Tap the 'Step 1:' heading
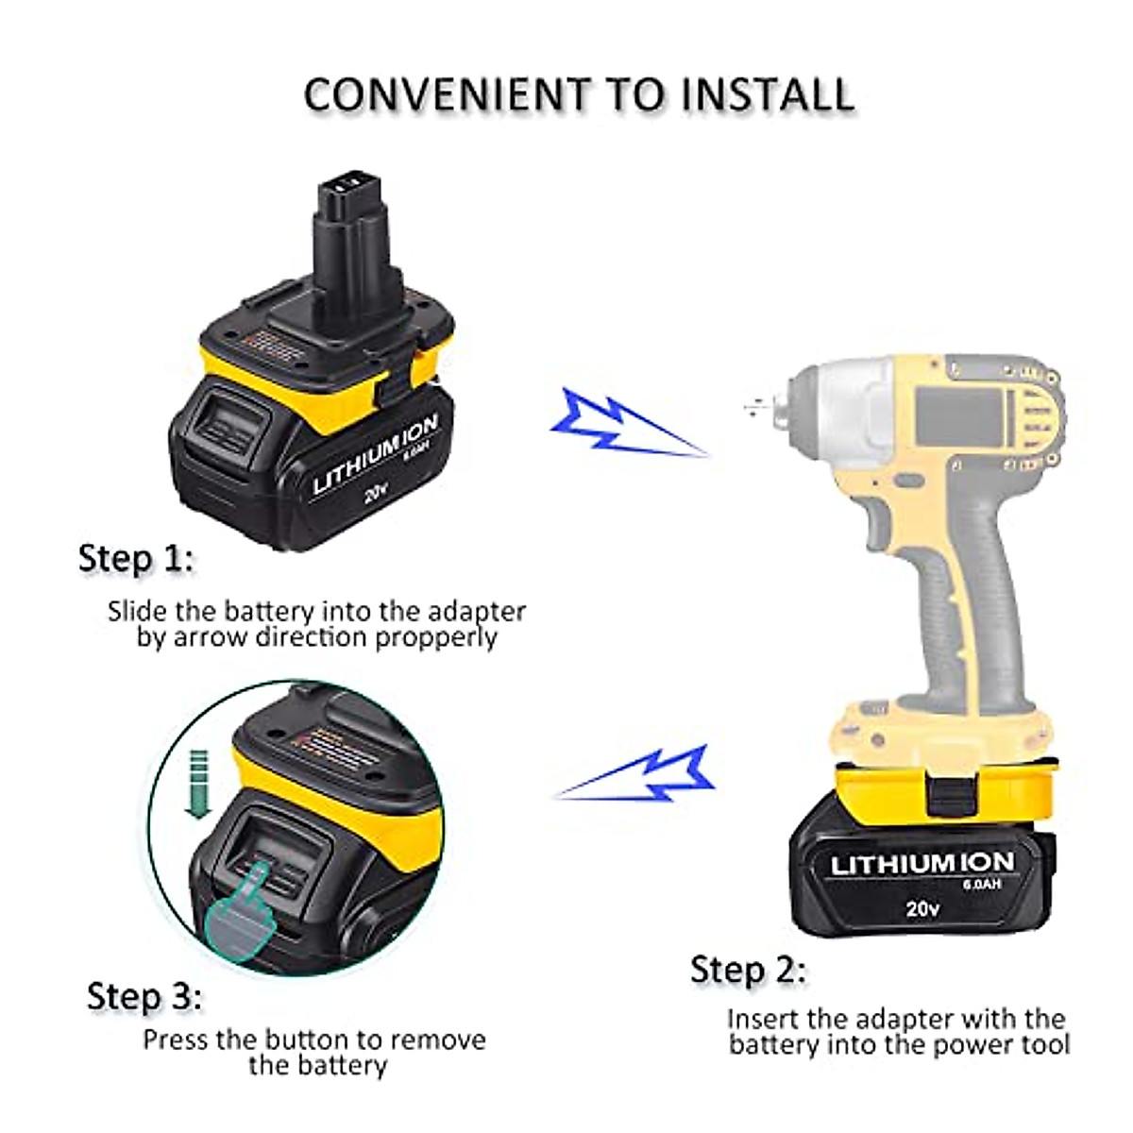pyautogui.click(x=136, y=558)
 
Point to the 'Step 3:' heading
pyautogui.click(x=144, y=996)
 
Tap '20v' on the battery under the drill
pyautogui.click(x=922, y=908)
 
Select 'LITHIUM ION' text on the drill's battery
pyautogui.click(x=922, y=862)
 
